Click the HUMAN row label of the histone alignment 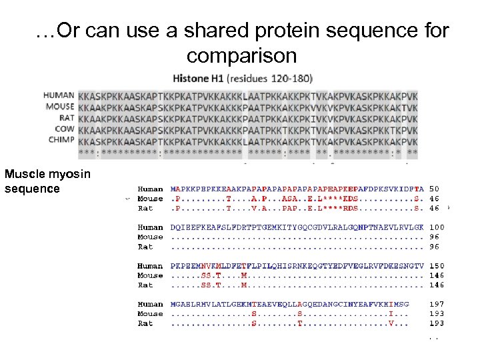click(x=59, y=95)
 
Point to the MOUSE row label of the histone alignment click(x=59, y=106)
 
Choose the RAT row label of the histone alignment click(x=65, y=117)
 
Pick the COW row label click(x=64, y=128)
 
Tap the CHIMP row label click(x=61, y=139)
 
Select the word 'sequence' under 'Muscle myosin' click(x=32, y=189)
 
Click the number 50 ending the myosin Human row click(x=434, y=189)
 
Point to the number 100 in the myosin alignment click(x=437, y=227)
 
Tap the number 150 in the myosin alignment click(x=437, y=266)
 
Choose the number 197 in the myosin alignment click(x=437, y=304)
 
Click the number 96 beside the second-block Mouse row click(x=434, y=237)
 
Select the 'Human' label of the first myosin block click(x=150, y=189)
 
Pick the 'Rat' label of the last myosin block click(x=145, y=323)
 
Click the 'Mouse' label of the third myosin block click(x=150, y=275)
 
